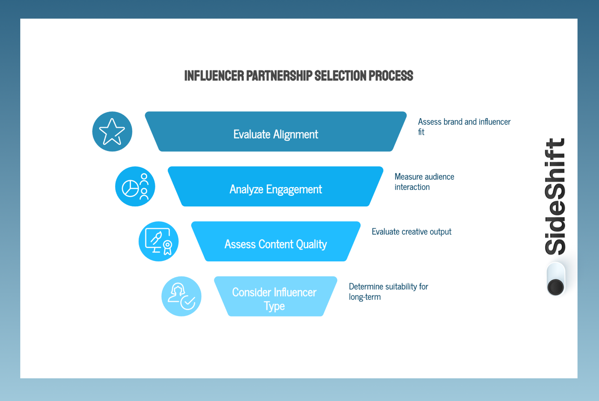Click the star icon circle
(x=112, y=132)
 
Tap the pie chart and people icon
(x=135, y=186)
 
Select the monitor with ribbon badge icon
(x=158, y=241)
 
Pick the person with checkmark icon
(x=181, y=296)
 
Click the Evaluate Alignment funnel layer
(x=276, y=132)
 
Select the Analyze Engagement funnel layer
(x=276, y=187)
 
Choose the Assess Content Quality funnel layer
(x=276, y=242)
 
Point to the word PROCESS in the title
(x=391, y=76)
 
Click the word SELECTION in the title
(x=341, y=76)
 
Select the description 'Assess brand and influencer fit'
(x=464, y=127)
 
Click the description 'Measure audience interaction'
(x=424, y=182)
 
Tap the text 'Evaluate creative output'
(x=411, y=232)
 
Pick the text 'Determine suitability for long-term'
(x=388, y=291)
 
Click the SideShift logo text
(x=555, y=196)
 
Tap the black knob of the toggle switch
(x=556, y=287)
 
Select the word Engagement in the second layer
(x=294, y=189)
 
